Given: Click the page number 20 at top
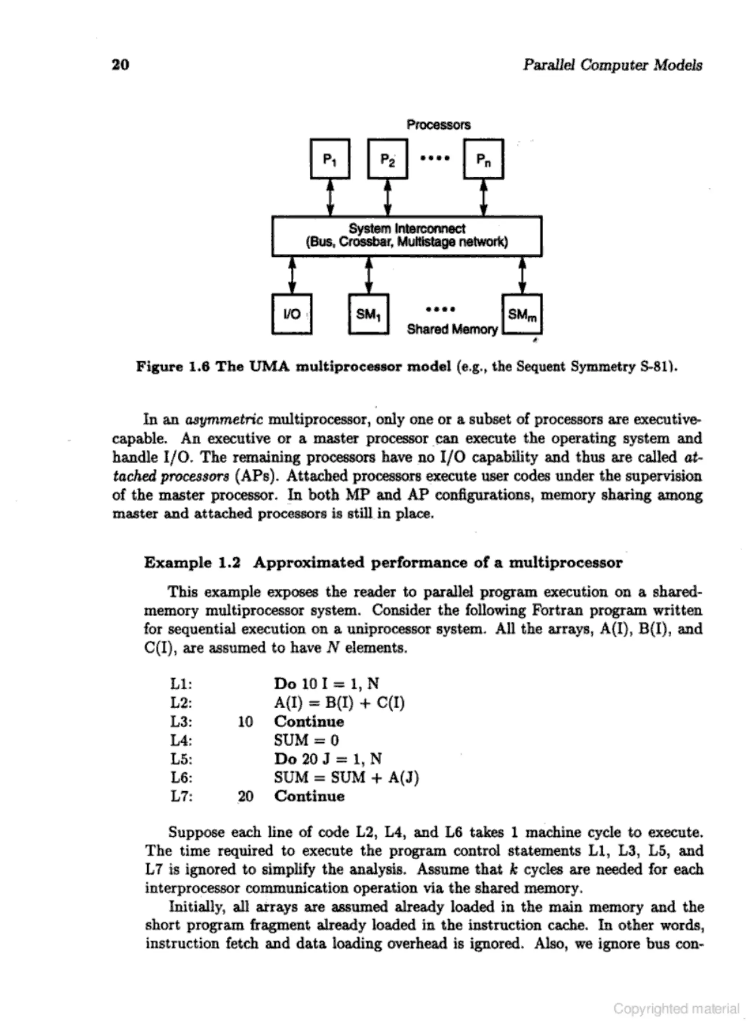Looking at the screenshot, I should pyautogui.click(x=120, y=64).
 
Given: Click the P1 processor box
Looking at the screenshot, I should pyautogui.click(x=330, y=159).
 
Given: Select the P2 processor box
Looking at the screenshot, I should pyautogui.click(x=387, y=159).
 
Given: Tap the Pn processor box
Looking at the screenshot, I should pyautogui.click(x=484, y=159).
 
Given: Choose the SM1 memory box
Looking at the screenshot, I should pyautogui.click(x=368, y=314).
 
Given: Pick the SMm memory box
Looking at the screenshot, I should pyautogui.click(x=522, y=314).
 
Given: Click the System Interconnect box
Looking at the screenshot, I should pyautogui.click(x=406, y=236).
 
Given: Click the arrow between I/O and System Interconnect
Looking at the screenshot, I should pyautogui.click(x=292, y=275).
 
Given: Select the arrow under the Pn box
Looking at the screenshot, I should pyautogui.click(x=484, y=197).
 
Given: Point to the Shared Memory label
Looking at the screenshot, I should pyautogui.click(x=452, y=329).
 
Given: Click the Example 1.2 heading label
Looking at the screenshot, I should pyautogui.click(x=192, y=562).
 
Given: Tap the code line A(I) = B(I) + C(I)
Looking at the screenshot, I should pyautogui.click(x=339, y=702).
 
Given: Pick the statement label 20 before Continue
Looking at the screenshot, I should pyautogui.click(x=245, y=796).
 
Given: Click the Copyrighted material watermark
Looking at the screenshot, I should pyautogui.click(x=676, y=1008).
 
